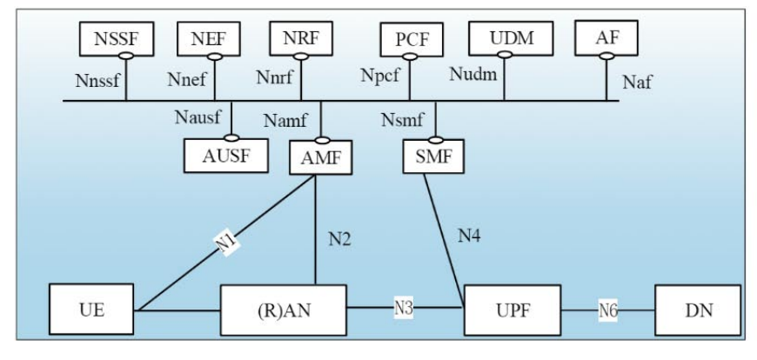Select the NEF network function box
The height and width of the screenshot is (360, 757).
coord(208,39)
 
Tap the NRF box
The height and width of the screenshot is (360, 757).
coord(301,38)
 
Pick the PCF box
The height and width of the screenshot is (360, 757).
coord(412,40)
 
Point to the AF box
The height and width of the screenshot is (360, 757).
coord(605,37)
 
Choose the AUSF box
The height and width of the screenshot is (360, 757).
coord(226,156)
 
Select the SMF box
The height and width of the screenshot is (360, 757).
coord(433,157)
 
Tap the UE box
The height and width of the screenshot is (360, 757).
coord(91,310)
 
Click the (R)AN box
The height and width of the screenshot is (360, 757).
coord(283,310)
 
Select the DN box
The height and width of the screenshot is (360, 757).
coord(697,310)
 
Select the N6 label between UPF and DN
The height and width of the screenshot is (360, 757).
coord(608,310)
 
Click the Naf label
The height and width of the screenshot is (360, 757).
coord(638,83)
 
